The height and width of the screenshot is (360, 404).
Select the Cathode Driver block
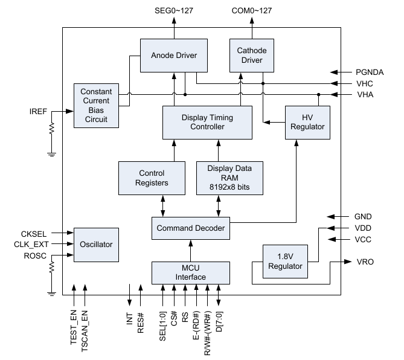tap(252, 56)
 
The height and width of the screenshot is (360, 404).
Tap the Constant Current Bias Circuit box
tap(96, 106)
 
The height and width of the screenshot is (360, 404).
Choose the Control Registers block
tap(151, 178)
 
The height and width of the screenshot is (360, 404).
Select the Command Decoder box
tap(190, 228)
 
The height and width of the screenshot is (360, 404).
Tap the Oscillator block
tap(95, 245)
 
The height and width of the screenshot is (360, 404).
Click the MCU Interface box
tap(190, 272)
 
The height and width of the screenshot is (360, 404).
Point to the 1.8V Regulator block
tap(282, 261)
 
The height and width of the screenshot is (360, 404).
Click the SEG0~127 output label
tap(174, 10)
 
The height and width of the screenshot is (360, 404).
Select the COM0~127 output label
tap(251, 10)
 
